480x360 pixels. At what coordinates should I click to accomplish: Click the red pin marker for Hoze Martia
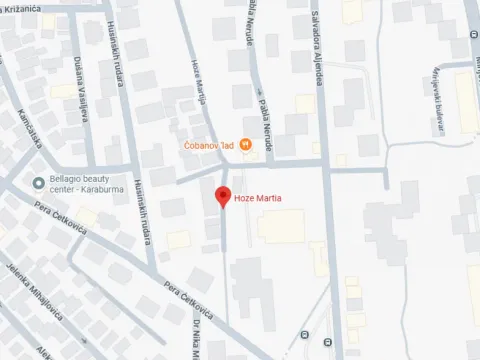(x=223, y=196)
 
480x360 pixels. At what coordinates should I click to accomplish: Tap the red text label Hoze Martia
(x=258, y=199)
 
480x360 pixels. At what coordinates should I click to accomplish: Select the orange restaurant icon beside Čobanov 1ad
(x=246, y=146)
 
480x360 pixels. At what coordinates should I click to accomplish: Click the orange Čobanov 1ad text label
(x=209, y=146)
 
